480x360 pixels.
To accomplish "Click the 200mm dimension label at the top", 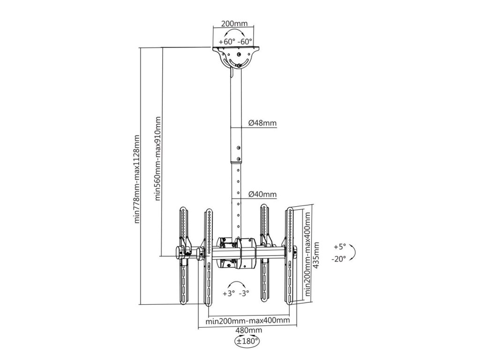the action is pyautogui.click(x=234, y=23).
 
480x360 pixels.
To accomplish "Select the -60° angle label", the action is pyautogui.click(x=245, y=42).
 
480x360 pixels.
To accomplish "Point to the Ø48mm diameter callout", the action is pyautogui.click(x=262, y=123).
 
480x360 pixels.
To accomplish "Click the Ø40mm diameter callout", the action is pyautogui.click(x=262, y=194).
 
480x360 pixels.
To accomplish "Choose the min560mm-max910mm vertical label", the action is pyautogui.click(x=157, y=158).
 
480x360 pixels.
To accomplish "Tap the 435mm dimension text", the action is pyautogui.click(x=317, y=255).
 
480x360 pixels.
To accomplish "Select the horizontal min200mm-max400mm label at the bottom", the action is pyautogui.click(x=247, y=321).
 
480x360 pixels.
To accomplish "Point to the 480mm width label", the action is pyautogui.click(x=248, y=330).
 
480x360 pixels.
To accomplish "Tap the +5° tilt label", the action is pyautogui.click(x=340, y=247).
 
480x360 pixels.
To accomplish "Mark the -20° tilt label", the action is pyautogui.click(x=338, y=259).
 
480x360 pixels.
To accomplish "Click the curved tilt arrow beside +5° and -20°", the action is pyautogui.click(x=355, y=252).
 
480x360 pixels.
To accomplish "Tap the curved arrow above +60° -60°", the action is pyautogui.click(x=234, y=30).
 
